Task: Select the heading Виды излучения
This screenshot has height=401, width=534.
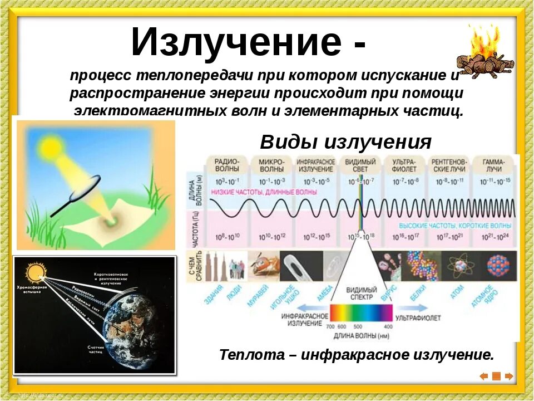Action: click(345, 142)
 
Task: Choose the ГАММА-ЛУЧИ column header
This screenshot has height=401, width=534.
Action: click(493, 164)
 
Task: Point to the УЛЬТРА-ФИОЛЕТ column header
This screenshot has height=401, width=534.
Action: click(406, 164)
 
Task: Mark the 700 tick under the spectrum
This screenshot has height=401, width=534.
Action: click(331, 326)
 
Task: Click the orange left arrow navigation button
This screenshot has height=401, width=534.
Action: click(483, 376)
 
